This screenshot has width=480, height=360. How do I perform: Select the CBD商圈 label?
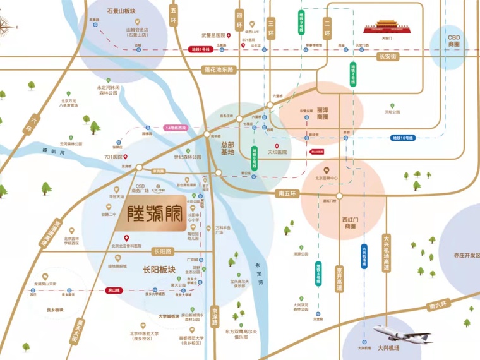tap(454, 41)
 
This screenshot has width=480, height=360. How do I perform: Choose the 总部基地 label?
tap(227, 148)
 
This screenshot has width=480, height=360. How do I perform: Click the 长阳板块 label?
tap(159, 270)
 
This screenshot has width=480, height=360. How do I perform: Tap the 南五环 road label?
tap(287, 193)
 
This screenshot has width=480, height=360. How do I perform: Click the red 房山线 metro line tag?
tap(114, 290)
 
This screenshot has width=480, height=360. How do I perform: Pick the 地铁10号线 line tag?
tap(402, 136)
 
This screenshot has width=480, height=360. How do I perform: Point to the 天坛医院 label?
tap(277, 152)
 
